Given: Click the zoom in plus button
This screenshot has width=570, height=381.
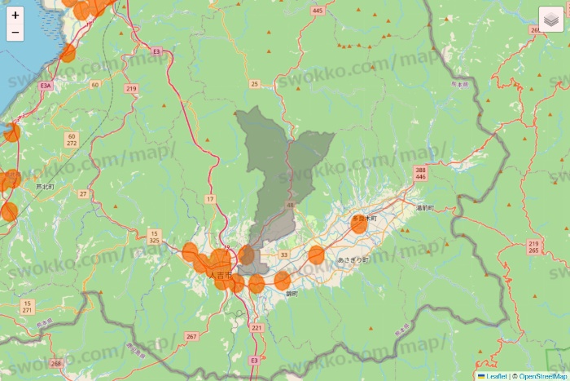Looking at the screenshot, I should (x=15, y=15).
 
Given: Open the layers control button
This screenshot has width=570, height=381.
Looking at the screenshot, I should (x=551, y=19).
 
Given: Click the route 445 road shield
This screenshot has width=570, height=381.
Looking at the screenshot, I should (x=317, y=11).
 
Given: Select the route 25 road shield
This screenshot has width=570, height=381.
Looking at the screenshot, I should (x=255, y=84).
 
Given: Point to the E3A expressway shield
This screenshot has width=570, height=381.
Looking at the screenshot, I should (x=46, y=85).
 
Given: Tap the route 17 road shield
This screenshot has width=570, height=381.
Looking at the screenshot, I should (x=210, y=199).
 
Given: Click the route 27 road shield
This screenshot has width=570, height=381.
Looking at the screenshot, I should (x=83, y=193).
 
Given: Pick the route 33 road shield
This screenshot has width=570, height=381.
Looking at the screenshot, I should (x=283, y=255).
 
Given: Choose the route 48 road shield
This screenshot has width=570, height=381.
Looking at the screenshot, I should (x=291, y=206).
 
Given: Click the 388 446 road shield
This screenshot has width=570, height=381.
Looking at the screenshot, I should (x=420, y=173).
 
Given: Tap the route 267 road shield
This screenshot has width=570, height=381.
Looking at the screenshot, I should (x=191, y=336).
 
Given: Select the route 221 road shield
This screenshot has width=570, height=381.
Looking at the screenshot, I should (x=257, y=328).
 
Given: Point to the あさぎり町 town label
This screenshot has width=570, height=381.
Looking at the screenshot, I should (x=353, y=259).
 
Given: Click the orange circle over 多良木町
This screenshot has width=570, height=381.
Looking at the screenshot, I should (x=359, y=224).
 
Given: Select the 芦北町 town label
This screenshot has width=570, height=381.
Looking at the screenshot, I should (x=45, y=187).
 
